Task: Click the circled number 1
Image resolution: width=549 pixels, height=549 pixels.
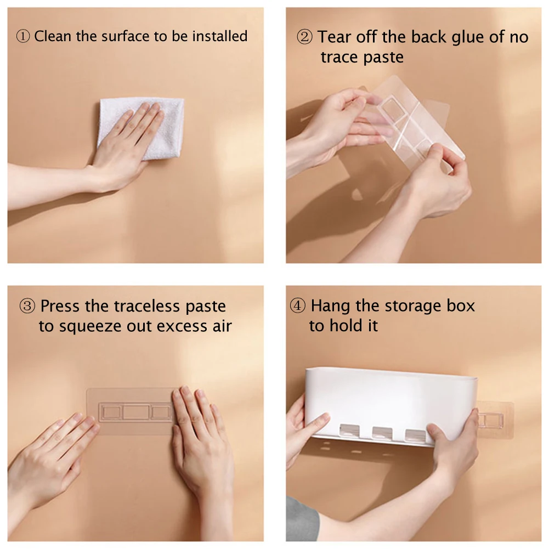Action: click(23, 36)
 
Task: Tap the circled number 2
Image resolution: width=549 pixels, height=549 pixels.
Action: click(304, 37)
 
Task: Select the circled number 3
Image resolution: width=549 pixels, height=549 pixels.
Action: click(27, 306)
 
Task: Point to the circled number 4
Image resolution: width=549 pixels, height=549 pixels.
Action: click(298, 305)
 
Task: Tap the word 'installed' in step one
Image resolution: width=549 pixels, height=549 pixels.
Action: click(220, 36)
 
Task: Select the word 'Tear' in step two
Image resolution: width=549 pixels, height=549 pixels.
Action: click(335, 37)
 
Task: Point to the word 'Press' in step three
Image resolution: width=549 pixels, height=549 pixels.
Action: click(60, 307)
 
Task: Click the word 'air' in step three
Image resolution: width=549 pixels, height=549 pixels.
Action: click(222, 326)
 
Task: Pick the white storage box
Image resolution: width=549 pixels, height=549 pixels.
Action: click(390, 407)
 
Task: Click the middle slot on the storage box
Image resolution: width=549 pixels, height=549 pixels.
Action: click(382, 433)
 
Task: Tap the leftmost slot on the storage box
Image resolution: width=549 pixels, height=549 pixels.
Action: click(349, 431)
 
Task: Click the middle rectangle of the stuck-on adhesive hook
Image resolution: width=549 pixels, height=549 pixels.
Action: click(136, 412)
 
